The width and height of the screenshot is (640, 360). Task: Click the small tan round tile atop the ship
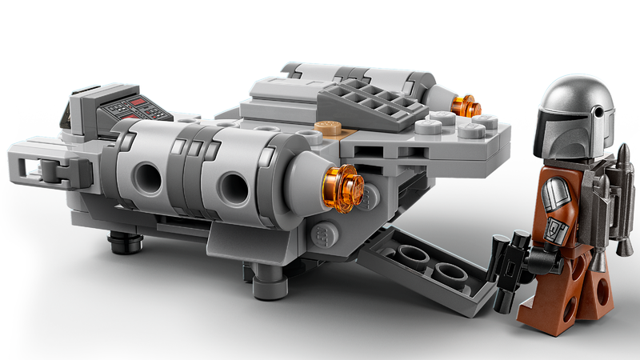click(329, 126)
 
